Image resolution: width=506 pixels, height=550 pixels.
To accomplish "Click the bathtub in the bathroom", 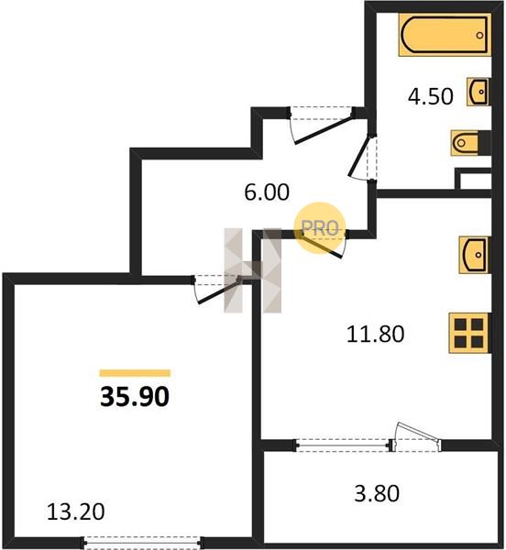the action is point(445,35).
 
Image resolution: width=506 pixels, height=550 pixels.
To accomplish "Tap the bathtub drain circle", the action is point(479,35).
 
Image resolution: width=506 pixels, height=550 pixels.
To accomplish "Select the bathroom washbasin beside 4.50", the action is point(478,92).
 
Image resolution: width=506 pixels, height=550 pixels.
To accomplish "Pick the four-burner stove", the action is point(469,333).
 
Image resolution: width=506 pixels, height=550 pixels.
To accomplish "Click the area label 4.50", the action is point(430,96).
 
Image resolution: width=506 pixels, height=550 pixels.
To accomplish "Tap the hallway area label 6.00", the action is point(267,192).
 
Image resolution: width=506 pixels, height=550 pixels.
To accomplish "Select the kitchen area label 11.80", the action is point(375,334).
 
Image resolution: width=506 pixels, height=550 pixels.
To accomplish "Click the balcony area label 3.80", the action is point(377,493).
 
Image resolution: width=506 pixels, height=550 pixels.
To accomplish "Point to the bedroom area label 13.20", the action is point(75,511).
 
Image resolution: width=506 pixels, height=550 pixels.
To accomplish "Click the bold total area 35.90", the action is point(135,397).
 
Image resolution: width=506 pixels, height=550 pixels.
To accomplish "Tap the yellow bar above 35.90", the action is point(135,373).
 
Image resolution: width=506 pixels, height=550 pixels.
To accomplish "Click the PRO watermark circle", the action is point(319,228).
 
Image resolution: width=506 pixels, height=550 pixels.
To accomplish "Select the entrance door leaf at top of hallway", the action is point(324,130).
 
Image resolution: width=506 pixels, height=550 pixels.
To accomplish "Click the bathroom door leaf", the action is point(358,156).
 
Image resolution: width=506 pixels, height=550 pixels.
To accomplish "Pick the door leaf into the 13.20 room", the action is point(219,291).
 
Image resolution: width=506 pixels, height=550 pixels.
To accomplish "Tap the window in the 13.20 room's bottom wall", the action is point(142,543).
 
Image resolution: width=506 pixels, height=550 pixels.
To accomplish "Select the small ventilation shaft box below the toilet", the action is point(473,179).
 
